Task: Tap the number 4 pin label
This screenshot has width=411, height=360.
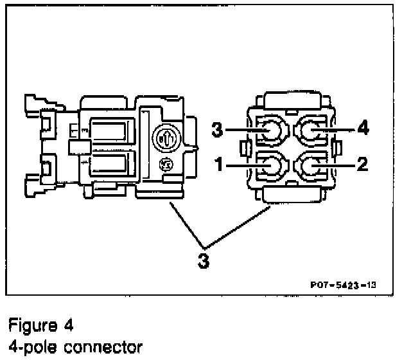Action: point(363,129)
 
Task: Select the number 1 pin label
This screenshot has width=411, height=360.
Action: point(219,165)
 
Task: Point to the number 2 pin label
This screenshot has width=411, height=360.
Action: point(363,165)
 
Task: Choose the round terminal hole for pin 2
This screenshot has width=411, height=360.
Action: point(314,166)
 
